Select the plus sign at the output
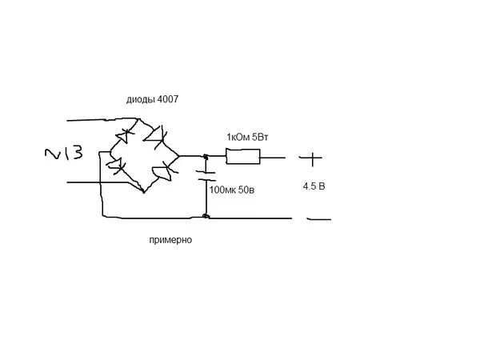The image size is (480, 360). pos(312,158)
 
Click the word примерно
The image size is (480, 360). pos(170,239)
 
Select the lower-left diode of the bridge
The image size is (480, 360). pos(117,166)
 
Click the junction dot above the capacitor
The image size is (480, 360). pos(206,157)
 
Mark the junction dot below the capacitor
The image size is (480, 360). pos(206,216)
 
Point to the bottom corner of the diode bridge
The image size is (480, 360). pos(142,192)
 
